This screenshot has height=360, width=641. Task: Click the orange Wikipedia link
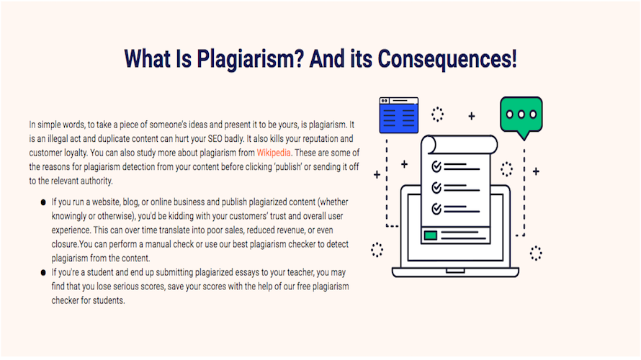point(274,153)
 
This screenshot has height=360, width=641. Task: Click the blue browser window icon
point(398,115)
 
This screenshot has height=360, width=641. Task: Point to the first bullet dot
point(43,202)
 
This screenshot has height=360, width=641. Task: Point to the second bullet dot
point(43,273)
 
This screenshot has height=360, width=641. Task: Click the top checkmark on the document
point(436,166)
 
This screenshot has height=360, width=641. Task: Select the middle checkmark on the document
point(436,187)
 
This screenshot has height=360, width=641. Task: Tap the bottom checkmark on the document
point(436,209)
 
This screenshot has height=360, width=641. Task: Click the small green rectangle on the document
point(431,235)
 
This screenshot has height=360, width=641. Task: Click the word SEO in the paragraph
point(215,138)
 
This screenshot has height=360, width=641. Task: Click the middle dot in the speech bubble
point(521,114)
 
